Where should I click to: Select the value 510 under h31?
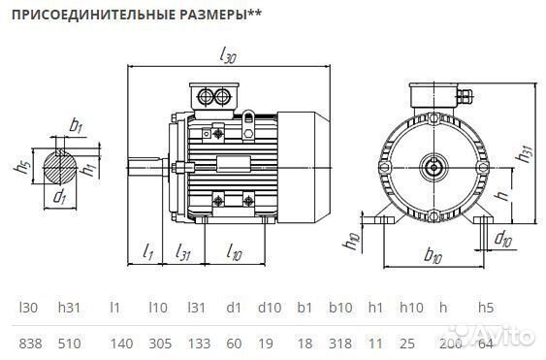pyautogui.click(x=70, y=344)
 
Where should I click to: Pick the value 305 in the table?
pyautogui.click(x=160, y=344)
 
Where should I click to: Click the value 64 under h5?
pyautogui.click(x=486, y=344)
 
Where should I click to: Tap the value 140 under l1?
pyautogui.click(x=121, y=344)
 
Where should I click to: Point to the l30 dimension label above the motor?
pyautogui.click(x=229, y=56)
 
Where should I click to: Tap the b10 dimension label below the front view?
pyautogui.click(x=434, y=256)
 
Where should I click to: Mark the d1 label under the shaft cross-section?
pyautogui.click(x=60, y=197)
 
